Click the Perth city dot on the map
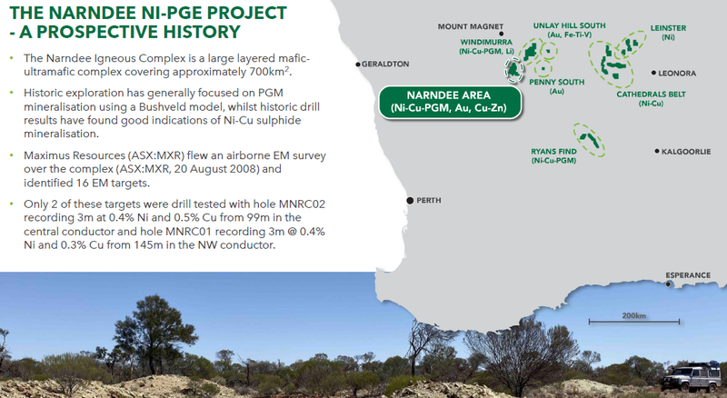410,201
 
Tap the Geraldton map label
385,64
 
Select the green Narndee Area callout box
449,102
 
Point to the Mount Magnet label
470,26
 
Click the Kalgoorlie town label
686,152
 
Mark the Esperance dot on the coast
668,284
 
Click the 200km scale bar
633,322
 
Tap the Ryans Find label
553,156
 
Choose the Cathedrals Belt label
651,99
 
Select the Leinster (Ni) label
668,33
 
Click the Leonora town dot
653,73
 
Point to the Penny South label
557,86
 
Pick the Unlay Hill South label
570,30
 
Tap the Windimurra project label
486,46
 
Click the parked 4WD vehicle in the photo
692,377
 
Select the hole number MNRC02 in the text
302,204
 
